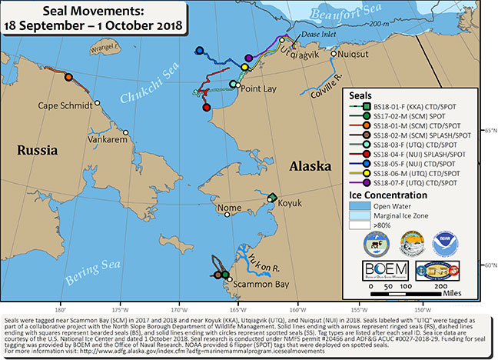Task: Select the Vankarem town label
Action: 108,140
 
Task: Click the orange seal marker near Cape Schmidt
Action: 68,77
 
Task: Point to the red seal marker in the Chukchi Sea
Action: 206,107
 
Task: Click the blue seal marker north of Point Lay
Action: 201,52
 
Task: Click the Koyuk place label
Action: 289,205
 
